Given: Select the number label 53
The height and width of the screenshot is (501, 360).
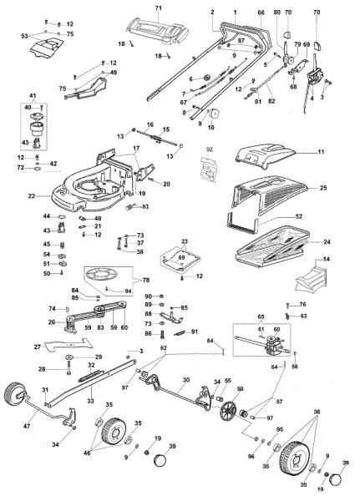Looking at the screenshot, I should tap(23, 38).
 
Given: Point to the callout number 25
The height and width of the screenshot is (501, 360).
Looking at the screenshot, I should tap(322, 190).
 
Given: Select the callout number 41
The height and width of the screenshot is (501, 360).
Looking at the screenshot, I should tap(34, 99).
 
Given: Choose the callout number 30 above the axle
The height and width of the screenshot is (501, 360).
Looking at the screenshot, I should tap(186, 380).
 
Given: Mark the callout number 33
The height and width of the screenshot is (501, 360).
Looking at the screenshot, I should tap(89, 401).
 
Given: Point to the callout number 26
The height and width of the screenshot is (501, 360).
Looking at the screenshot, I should tap(51, 321).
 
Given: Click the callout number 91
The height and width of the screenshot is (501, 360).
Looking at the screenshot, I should tap(196, 333).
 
